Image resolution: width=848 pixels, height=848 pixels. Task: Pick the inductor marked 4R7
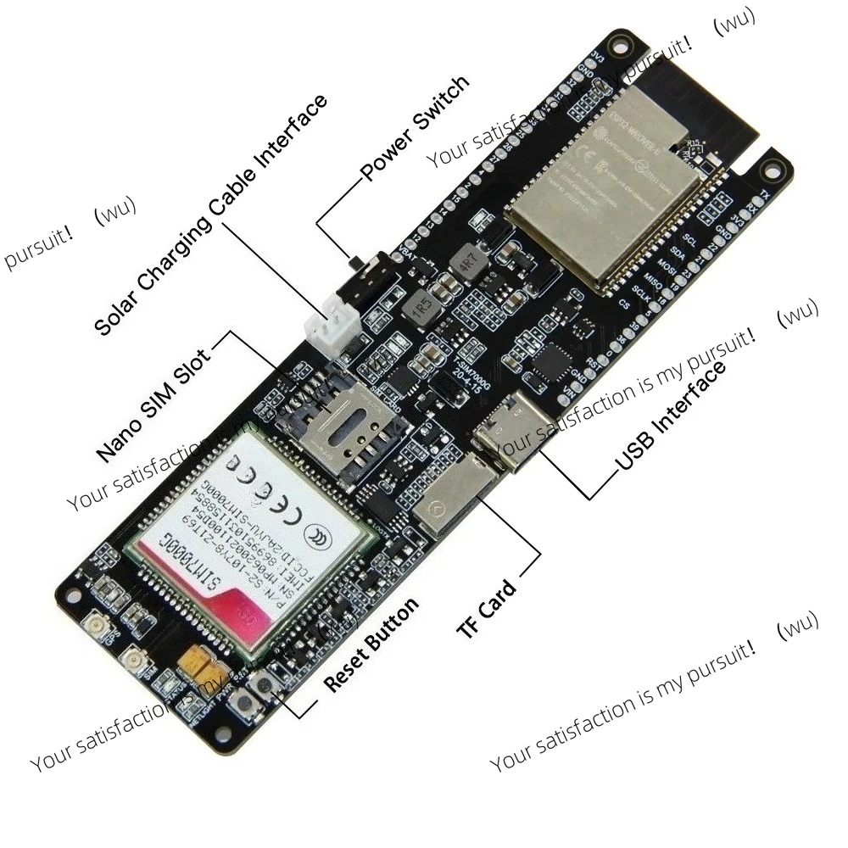[466, 261]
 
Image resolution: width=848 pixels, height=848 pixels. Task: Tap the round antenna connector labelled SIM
[134, 666]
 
